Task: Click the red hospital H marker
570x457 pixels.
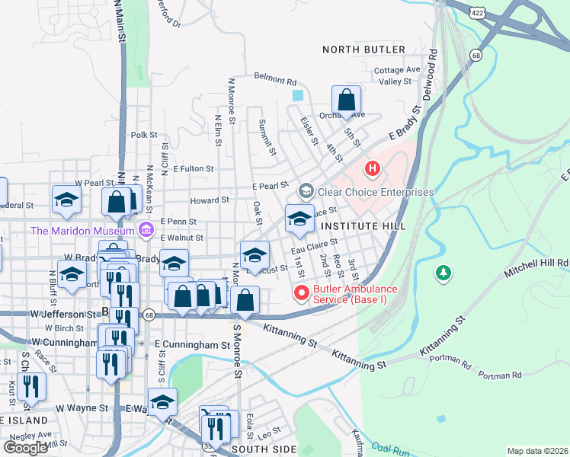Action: (x=372, y=168)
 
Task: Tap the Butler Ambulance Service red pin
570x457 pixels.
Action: (x=302, y=292)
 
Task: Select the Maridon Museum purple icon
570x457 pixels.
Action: (x=147, y=229)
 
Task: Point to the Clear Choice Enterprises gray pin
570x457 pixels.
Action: (x=306, y=190)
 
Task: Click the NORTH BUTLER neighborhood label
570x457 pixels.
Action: (x=363, y=50)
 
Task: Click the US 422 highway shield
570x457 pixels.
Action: (x=477, y=13)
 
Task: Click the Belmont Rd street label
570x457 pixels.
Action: (x=274, y=80)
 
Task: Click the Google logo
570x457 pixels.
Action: (x=26, y=447)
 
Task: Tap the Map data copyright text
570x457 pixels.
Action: (x=537, y=451)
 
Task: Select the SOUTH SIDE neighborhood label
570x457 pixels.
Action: (x=264, y=449)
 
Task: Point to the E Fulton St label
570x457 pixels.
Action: (x=194, y=168)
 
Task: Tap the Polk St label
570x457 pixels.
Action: (x=143, y=134)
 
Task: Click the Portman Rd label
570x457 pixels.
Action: (x=499, y=376)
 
